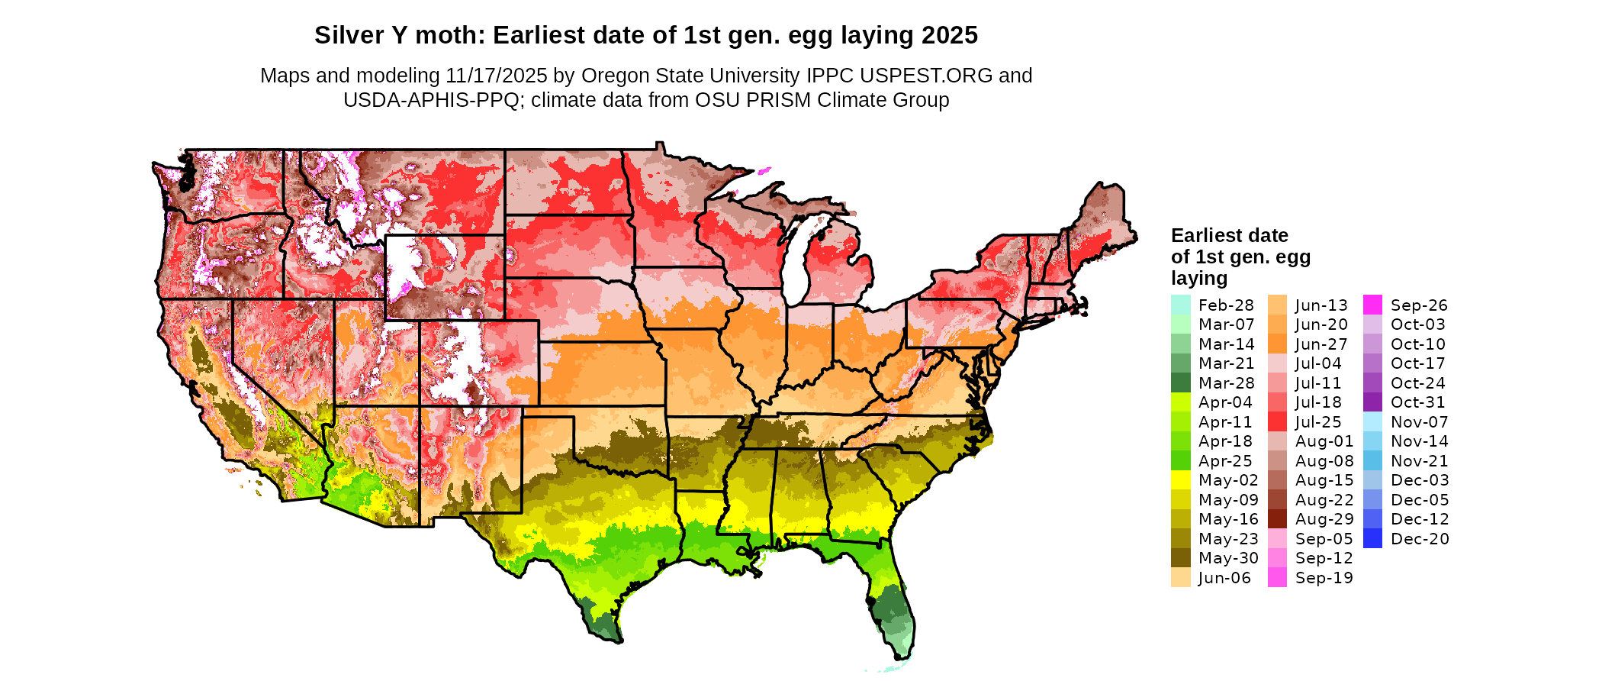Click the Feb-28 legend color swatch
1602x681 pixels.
[1180, 305]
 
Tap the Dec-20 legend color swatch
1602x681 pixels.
[1372, 538]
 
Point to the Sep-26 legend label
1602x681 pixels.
[1419, 305]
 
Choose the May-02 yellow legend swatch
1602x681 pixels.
[1180, 479]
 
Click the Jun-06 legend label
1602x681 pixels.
[1224, 577]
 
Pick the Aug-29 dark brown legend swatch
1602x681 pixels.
[1277, 518]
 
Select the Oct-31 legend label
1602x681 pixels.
[1418, 402]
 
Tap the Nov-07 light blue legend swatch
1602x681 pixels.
[1372, 421]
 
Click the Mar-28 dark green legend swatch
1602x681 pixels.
[1180, 382]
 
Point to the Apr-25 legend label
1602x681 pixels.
[1225, 460]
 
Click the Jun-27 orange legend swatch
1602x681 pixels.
[1277, 344]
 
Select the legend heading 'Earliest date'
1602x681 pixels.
[1229, 235]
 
